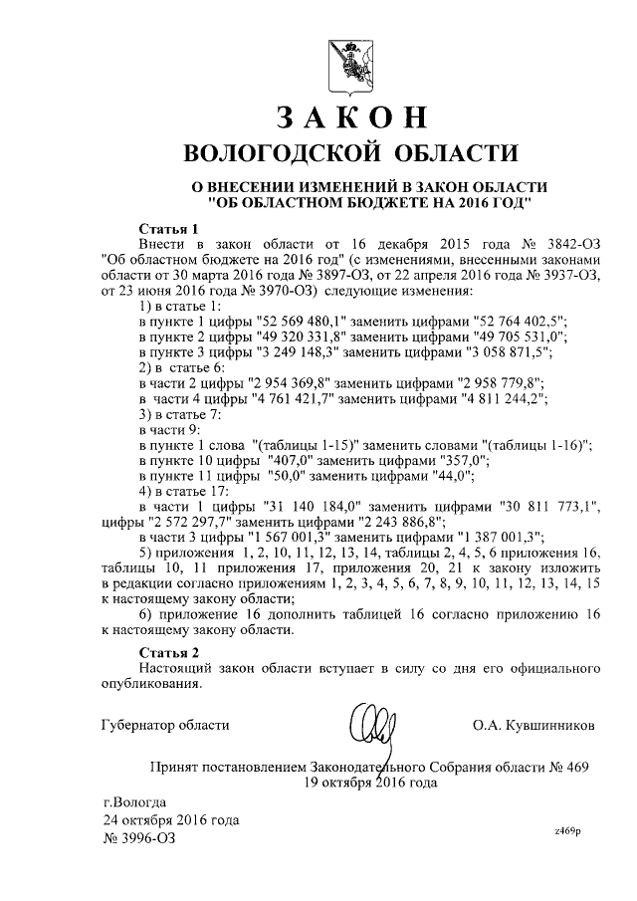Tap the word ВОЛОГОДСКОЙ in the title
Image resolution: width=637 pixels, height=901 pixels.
click(280, 153)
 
